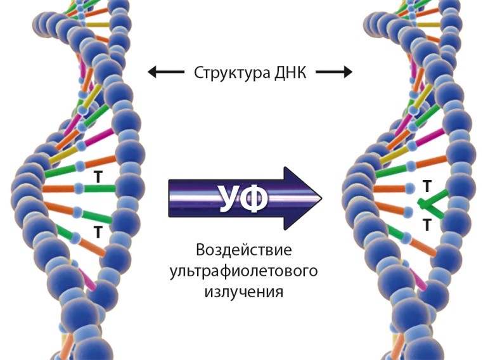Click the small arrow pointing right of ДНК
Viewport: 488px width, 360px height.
point(333,72)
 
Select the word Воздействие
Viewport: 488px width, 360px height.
point(243,249)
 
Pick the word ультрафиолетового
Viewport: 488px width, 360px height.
point(243,271)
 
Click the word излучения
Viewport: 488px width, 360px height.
point(243,292)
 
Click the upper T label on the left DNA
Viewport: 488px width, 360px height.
point(98,177)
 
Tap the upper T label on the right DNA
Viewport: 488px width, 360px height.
point(427,186)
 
